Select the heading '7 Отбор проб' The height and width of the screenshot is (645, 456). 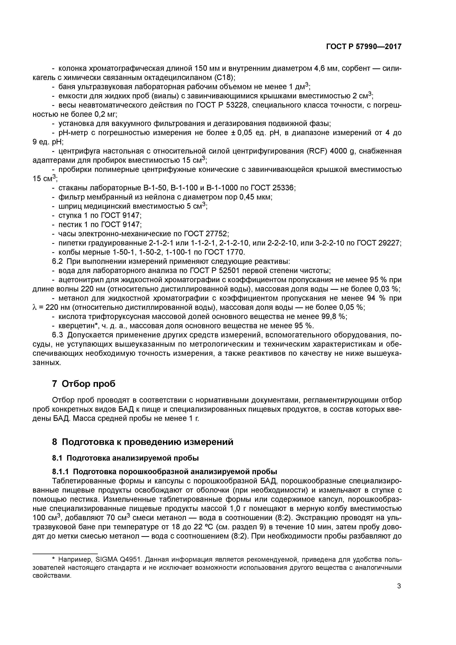[x=84, y=384]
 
